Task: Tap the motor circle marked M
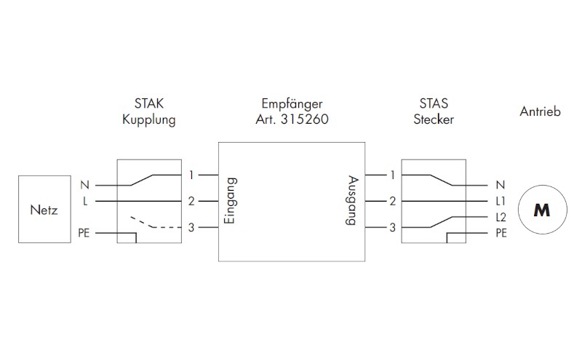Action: tap(541, 210)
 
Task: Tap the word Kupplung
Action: tap(149, 120)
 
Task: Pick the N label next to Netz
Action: tap(85, 186)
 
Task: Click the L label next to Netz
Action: tap(85, 200)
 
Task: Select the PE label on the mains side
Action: tap(84, 233)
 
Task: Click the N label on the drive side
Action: tap(500, 186)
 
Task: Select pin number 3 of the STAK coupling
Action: tap(191, 228)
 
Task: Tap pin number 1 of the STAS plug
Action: tap(392, 175)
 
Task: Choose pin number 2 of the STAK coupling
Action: tap(191, 200)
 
